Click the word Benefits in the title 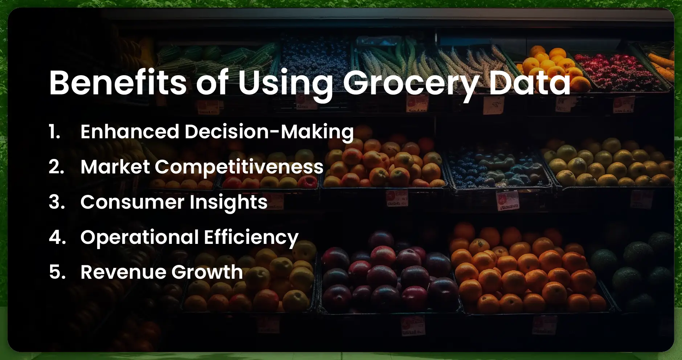click(118, 83)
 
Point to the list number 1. click(54, 131)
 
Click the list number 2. click(57, 167)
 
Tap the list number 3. click(57, 202)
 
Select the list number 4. click(57, 237)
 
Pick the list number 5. click(57, 272)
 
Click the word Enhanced click(130, 131)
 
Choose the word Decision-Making click(269, 132)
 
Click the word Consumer click(132, 202)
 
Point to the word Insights click(228, 202)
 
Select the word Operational click(140, 237)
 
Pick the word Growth click(207, 272)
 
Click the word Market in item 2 click(115, 167)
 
